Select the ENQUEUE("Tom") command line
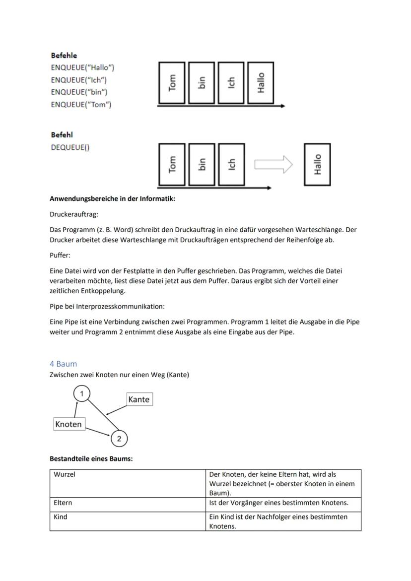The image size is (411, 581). coord(81,105)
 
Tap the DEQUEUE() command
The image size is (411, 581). coord(70,147)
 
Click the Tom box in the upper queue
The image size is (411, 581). coord(172,83)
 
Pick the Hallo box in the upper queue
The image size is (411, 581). coord(261,83)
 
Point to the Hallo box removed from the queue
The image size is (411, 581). coord(317,164)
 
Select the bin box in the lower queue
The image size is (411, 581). coord(202,164)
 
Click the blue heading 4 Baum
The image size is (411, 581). coord(63,364)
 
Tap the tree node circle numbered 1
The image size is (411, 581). coord(81,394)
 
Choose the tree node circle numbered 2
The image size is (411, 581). coord(119,439)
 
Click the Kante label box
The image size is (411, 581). coord(138,399)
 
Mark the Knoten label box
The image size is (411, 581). coord(68,424)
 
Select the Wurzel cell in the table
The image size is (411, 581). coord(128,483)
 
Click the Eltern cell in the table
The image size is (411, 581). coord(128,503)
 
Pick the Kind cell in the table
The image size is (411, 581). coord(128,521)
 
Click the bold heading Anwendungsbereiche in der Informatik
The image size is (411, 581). coord(112,199)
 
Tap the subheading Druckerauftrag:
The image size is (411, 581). coord(74,214)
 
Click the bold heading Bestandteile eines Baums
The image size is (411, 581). coord(91,458)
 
